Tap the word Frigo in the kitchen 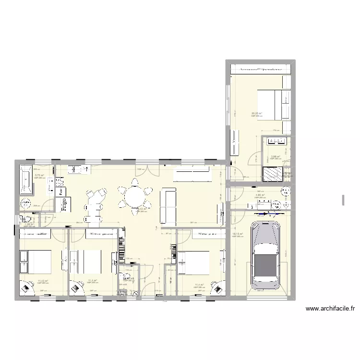[x=63, y=204]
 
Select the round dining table [x=135, y=196]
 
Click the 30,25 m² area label [x=256, y=114]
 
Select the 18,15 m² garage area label [x=238, y=235]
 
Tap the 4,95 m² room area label [x=259, y=195]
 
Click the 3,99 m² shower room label [x=275, y=156]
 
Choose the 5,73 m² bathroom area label [x=39, y=175]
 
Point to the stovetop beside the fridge [x=60, y=182]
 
